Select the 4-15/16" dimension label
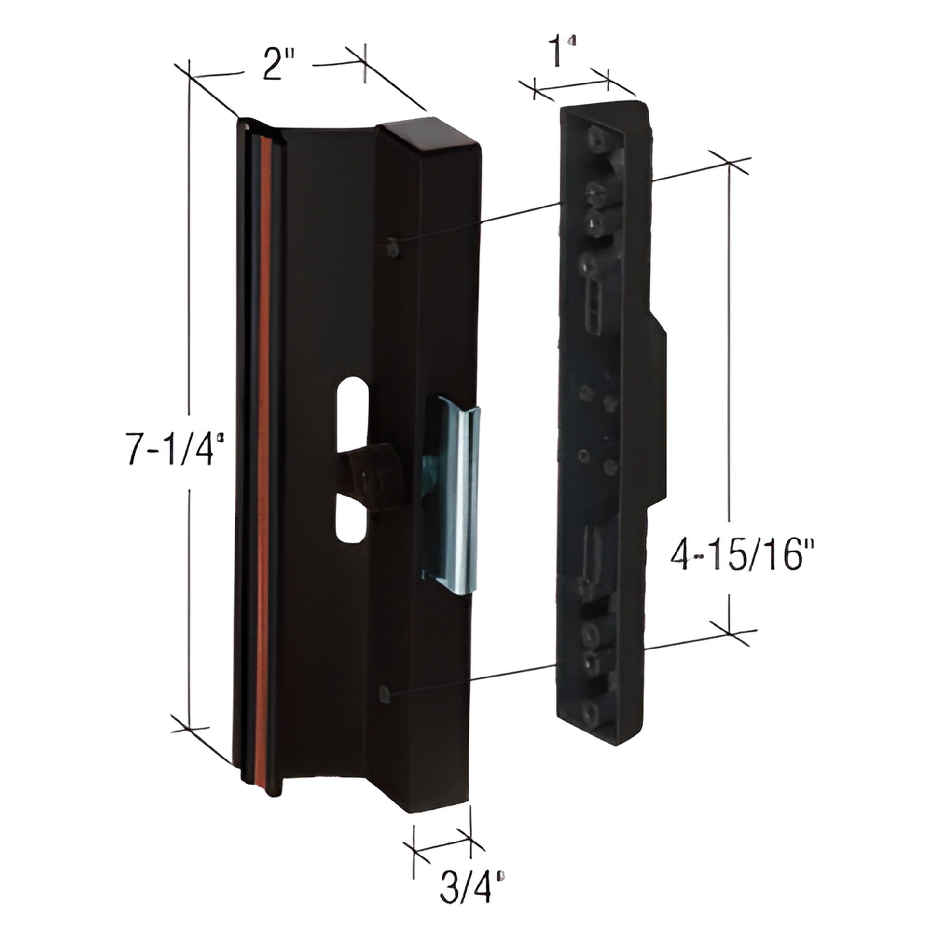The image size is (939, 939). click(739, 555)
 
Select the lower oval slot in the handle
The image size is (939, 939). click(348, 524)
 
